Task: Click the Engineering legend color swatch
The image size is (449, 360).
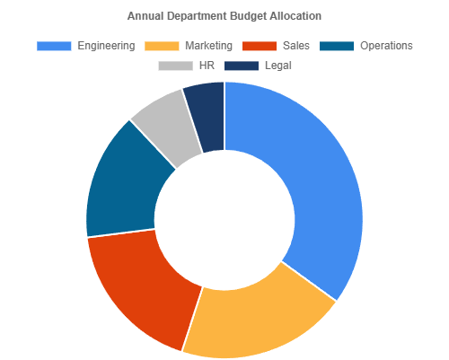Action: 54,46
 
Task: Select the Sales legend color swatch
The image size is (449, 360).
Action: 259,46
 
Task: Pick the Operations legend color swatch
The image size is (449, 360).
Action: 337,46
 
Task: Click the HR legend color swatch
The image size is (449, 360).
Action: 175,66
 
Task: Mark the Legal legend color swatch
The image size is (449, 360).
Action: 242,66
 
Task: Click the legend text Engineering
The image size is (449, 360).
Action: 106,46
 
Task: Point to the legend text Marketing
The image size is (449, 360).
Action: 208,46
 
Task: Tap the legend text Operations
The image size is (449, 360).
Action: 386,46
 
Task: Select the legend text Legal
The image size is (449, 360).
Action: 278,66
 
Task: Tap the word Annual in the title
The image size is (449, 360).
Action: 145,16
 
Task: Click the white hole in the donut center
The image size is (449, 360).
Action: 224,220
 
